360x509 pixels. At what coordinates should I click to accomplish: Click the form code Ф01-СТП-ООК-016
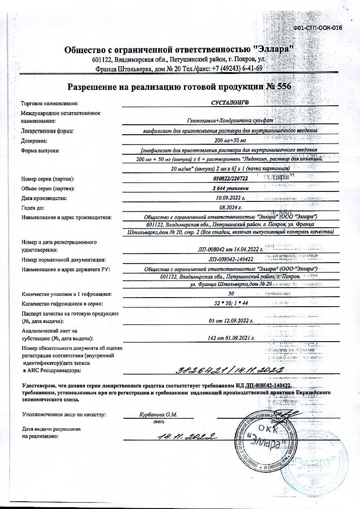(317, 28)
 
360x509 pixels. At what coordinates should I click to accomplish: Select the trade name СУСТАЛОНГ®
(230, 104)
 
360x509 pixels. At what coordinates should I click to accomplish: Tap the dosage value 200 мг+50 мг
(230, 141)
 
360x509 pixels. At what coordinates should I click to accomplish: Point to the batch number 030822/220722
(230, 179)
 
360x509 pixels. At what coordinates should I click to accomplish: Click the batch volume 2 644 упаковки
(230, 188)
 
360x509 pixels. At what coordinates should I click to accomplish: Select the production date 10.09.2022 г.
(230, 198)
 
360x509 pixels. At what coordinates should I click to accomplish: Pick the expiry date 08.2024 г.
(230, 207)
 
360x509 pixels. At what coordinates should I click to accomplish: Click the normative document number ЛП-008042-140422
(230, 259)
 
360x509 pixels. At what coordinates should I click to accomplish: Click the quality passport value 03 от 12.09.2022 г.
(230, 321)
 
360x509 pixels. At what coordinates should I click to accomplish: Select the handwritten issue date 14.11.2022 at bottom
(187, 437)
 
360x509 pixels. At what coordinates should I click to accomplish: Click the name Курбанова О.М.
(158, 414)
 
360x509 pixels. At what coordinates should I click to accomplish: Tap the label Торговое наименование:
(49, 104)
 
